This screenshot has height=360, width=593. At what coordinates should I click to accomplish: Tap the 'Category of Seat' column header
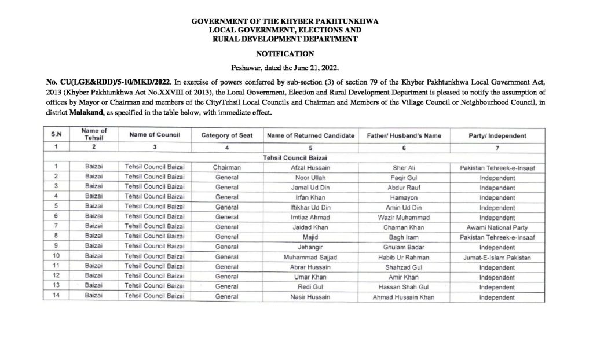tap(227, 135)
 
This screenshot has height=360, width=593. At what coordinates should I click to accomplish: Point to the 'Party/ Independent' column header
tap(497, 135)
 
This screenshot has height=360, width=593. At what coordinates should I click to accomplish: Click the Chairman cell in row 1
tap(227, 167)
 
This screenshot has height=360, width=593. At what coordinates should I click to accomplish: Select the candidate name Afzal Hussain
tap(310, 167)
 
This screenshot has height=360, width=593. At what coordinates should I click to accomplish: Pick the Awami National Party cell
tap(497, 226)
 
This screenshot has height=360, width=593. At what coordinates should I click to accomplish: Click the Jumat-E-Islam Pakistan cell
tap(497, 256)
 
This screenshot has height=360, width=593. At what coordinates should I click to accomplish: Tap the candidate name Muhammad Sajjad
tap(310, 256)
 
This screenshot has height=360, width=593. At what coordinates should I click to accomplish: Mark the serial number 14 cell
tap(57, 296)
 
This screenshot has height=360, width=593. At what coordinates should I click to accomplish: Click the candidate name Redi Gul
tap(310, 286)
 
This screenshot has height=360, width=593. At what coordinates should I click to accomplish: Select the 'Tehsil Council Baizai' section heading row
tap(297, 157)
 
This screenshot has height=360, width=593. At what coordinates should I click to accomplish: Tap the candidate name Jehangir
tap(310, 247)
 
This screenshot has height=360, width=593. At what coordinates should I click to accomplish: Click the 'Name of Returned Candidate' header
tap(310, 135)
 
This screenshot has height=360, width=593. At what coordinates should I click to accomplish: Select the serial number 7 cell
tap(57, 226)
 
